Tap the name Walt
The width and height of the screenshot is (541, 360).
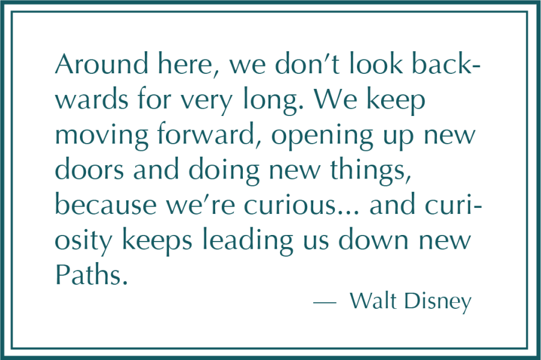pos(374,301)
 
